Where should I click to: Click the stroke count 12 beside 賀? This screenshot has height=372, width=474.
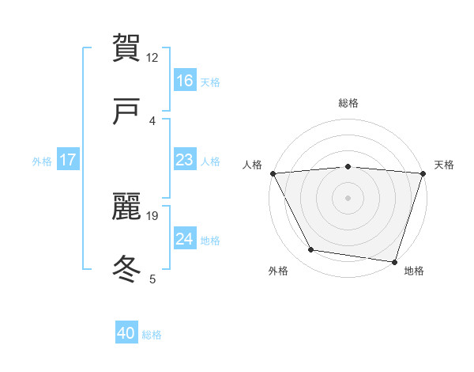click(152, 57)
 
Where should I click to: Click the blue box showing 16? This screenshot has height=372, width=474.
click(185, 80)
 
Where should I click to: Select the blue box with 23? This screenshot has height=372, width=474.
click(185, 160)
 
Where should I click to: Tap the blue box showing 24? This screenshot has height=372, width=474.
click(185, 239)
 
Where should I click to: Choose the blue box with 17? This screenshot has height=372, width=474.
click(68, 160)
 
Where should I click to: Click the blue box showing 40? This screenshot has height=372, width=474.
click(126, 333)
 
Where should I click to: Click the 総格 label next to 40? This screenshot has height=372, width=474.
click(152, 335)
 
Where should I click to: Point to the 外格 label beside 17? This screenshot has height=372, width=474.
click(42, 161)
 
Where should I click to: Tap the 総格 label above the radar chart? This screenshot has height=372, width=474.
click(348, 103)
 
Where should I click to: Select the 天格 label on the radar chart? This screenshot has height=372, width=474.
click(444, 165)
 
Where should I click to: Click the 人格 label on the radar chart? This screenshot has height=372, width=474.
click(253, 165)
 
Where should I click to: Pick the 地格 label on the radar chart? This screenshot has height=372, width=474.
click(414, 271)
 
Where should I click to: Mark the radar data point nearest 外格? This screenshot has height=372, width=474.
click(311, 250)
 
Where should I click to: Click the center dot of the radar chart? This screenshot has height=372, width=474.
click(348, 197)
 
